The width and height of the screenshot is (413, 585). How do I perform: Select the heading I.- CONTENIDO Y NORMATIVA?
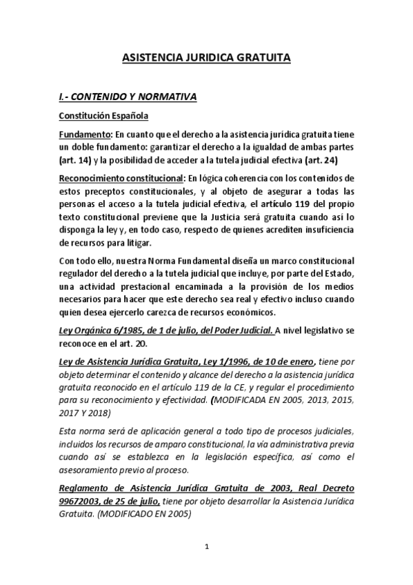click(x=128, y=97)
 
